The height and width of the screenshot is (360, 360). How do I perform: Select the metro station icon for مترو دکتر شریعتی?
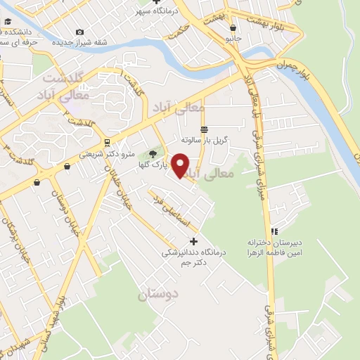(105, 142)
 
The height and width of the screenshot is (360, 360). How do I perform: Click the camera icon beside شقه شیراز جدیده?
(79, 32)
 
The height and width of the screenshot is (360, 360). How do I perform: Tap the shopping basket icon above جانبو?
(233, 29)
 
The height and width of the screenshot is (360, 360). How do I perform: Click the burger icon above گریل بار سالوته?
(204, 129)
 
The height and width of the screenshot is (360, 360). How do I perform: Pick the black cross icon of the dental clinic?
(194, 242)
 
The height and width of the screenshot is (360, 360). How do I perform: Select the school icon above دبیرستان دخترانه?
(275, 231)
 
